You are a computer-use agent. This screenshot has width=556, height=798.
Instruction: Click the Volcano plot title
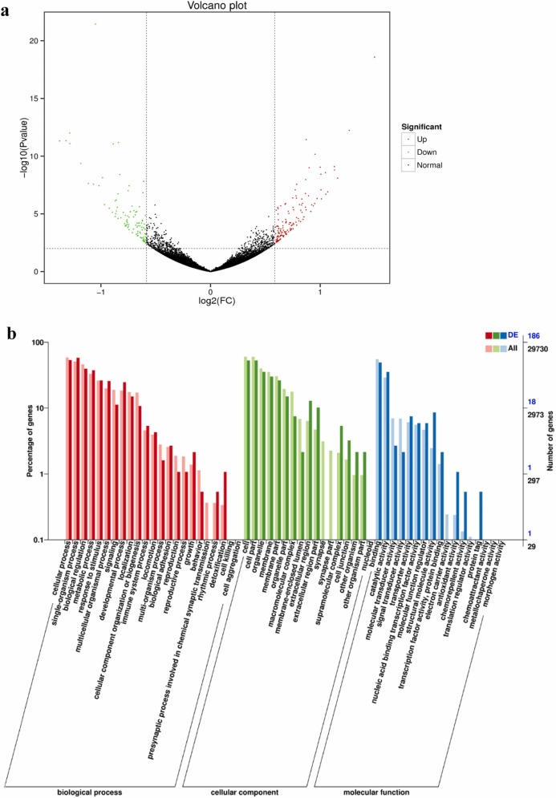tap(210, 6)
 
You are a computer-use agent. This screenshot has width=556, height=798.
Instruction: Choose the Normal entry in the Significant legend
tap(434, 165)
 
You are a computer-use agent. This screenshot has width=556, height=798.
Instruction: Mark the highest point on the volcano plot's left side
tap(95, 23)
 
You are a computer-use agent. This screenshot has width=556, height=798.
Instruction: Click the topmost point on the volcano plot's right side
tap(374, 57)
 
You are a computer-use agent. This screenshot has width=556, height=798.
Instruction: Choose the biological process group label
tap(89, 792)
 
